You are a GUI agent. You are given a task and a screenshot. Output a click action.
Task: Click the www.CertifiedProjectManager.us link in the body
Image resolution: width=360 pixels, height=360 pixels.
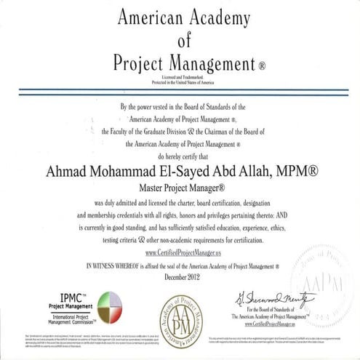[180, 252]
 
